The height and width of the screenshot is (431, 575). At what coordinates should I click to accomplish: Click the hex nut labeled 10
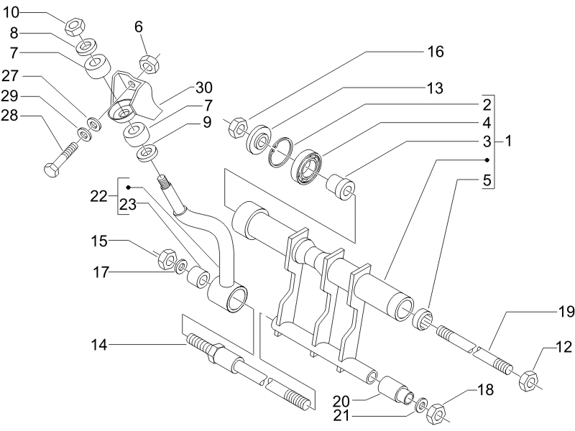75,27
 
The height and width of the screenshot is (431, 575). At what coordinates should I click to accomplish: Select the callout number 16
436,52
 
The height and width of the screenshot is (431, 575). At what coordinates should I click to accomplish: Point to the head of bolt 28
51,170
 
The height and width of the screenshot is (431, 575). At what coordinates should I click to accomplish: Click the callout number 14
99,345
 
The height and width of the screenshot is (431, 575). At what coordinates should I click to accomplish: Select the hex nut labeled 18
436,412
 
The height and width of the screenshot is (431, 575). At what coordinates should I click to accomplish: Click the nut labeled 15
167,258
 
